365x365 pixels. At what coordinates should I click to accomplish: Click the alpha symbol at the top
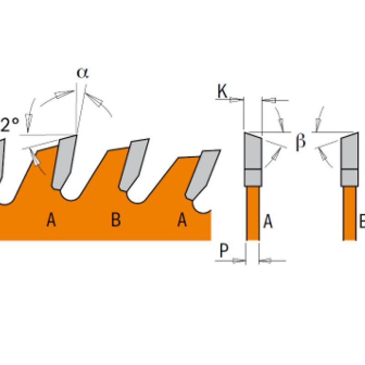(x=82, y=73)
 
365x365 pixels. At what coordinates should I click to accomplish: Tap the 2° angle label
(x=9, y=124)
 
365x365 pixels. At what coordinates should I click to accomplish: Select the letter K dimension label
(x=222, y=92)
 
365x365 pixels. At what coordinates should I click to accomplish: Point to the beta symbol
(x=300, y=142)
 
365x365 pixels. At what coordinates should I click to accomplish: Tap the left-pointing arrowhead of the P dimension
(x=266, y=261)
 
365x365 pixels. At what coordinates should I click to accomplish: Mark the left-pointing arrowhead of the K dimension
(x=268, y=99)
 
